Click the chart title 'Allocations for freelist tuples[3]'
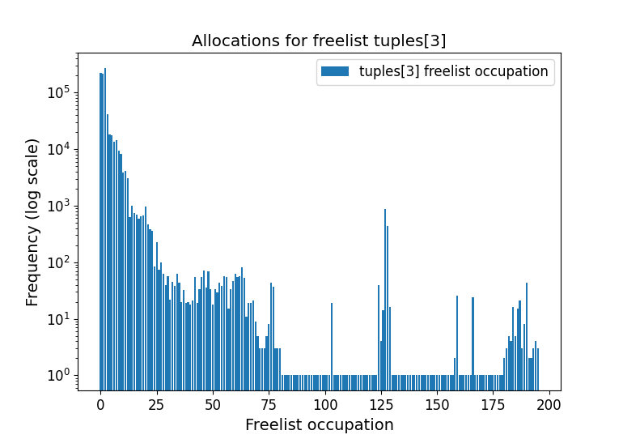coord(319,40)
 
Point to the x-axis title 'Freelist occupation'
coord(319,424)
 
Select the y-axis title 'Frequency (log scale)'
coord(32,222)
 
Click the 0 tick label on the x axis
coord(100,404)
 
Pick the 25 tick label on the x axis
coord(156,404)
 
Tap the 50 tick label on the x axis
coord(213,404)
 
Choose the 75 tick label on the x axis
coord(269,404)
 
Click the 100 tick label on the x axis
coord(325,404)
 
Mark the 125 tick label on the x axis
coord(381,404)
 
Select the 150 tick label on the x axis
coord(438,404)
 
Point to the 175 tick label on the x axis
coord(494,404)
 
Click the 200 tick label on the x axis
coord(549,404)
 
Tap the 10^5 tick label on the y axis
coord(58,92)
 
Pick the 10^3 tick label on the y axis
coord(58,206)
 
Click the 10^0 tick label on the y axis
coord(58,375)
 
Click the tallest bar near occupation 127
coord(385,292)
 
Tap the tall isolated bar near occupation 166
coord(473,336)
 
